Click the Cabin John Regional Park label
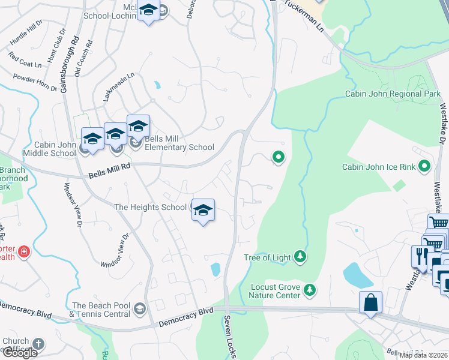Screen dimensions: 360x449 pyautogui.click(x=393, y=94)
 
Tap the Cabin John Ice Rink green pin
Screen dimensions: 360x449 pyautogui.click(x=426, y=166)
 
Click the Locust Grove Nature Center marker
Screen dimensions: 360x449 pyautogui.click(x=310, y=290)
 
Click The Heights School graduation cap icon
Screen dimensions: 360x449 pyautogui.click(x=203, y=210)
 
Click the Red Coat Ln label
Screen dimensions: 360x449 pyautogui.click(x=25, y=59)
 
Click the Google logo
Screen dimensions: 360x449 pyautogui.click(x=19, y=353)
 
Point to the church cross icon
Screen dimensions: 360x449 pyautogui.click(x=38, y=344)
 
